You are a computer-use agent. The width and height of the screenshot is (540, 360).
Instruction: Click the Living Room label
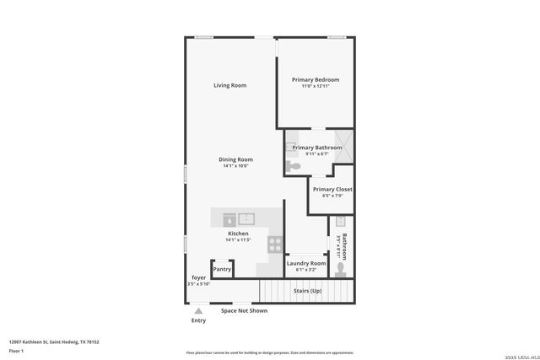click(229, 85)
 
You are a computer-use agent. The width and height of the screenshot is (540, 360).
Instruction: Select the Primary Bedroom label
click(316, 80)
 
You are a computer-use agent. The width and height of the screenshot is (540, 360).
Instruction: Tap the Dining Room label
click(236, 159)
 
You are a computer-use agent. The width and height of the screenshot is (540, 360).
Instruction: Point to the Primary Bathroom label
click(317, 148)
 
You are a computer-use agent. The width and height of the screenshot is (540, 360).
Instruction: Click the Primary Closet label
click(332, 190)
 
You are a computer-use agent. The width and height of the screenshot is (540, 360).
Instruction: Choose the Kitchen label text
click(238, 234)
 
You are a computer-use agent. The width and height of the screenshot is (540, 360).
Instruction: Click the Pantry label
click(222, 270)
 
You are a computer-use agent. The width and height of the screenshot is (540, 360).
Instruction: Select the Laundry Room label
click(305, 264)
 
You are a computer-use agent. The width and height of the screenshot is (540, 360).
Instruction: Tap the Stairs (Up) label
click(307, 291)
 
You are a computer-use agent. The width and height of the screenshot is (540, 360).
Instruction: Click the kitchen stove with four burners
click(275, 244)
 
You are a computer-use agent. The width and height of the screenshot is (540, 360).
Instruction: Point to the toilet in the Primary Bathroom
click(293, 167)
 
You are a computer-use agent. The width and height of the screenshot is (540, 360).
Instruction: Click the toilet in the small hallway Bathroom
click(340, 269)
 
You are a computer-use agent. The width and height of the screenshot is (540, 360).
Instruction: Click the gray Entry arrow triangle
click(198, 311)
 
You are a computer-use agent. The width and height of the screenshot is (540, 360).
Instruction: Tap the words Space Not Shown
click(244, 310)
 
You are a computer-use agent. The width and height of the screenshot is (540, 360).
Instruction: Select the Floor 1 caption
click(16, 350)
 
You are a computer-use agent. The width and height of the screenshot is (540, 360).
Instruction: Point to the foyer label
click(198, 277)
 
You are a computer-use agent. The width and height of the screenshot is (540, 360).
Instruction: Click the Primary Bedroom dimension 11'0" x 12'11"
click(316, 87)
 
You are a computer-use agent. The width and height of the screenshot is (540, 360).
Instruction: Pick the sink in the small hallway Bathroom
click(341, 223)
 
